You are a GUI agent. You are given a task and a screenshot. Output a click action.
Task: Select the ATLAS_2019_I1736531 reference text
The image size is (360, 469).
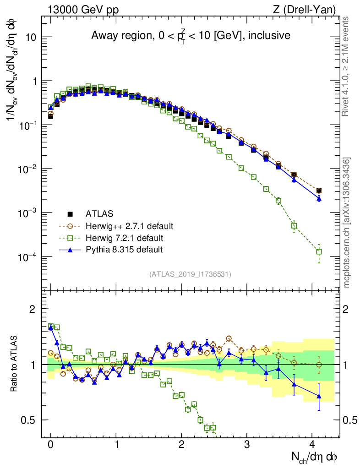pos(190,274)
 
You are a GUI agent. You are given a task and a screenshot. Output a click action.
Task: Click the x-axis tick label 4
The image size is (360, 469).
pos(312,444)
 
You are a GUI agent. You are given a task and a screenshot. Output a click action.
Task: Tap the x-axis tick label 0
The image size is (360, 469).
pos(50,444)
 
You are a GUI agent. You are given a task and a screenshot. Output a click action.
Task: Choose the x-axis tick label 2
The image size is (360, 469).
pos(181,444)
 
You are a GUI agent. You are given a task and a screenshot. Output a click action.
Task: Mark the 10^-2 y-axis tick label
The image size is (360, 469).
pos(30,169)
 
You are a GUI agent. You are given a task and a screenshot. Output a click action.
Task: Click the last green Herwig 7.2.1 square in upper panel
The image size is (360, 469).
pos(319,251)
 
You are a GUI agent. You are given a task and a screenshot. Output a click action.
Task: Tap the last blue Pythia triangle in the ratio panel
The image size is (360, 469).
pos(319,396)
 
